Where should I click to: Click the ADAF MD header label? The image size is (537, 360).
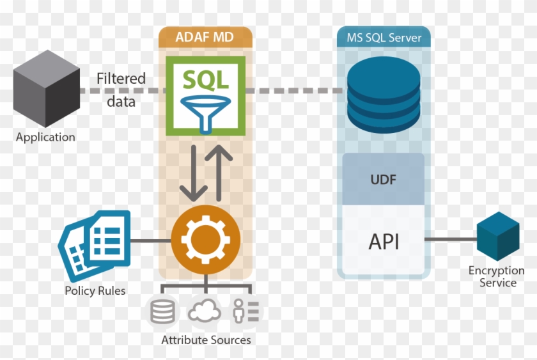205,38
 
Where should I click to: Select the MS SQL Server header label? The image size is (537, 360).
384,38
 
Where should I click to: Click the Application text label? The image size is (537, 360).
45,137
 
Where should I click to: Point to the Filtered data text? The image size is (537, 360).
121,90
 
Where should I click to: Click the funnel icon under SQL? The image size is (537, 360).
206,108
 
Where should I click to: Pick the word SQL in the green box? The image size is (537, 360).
206,79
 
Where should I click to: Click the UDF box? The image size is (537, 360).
384,179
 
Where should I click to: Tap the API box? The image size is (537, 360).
384,241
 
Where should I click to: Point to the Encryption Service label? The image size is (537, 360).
497,277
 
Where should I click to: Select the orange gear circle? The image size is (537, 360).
206,240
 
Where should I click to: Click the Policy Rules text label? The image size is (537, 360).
95,291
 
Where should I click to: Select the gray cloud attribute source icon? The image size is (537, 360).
205,312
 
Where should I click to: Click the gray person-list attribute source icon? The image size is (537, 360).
246,312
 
